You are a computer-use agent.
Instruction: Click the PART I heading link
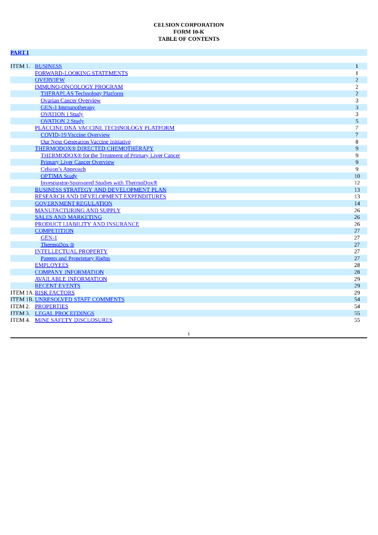(x=20, y=53)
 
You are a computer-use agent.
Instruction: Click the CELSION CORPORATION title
(x=188, y=25)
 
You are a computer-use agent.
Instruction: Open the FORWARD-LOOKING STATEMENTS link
(x=81, y=74)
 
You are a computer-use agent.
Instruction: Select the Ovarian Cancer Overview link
(x=70, y=101)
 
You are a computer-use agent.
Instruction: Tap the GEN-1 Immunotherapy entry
(x=68, y=108)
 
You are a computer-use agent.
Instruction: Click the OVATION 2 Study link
(x=62, y=121)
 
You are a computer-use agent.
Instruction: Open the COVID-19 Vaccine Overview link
(x=75, y=135)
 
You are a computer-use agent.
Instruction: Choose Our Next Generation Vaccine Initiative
(x=86, y=142)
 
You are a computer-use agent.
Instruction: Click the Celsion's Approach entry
(x=63, y=169)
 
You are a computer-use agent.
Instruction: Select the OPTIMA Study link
(x=59, y=176)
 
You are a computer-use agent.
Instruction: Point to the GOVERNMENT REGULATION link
(x=74, y=204)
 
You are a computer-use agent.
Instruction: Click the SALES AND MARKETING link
(x=68, y=217)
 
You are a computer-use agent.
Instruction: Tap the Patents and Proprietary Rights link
(x=75, y=259)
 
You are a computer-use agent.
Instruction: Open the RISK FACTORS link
(x=55, y=293)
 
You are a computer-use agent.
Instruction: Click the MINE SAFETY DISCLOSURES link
(x=74, y=320)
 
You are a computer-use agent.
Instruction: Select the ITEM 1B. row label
(x=21, y=300)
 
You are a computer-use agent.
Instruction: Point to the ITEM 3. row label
(x=20, y=313)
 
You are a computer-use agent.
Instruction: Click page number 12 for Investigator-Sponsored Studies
(x=357, y=183)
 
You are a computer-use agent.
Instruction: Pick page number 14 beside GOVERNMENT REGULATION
(x=357, y=204)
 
